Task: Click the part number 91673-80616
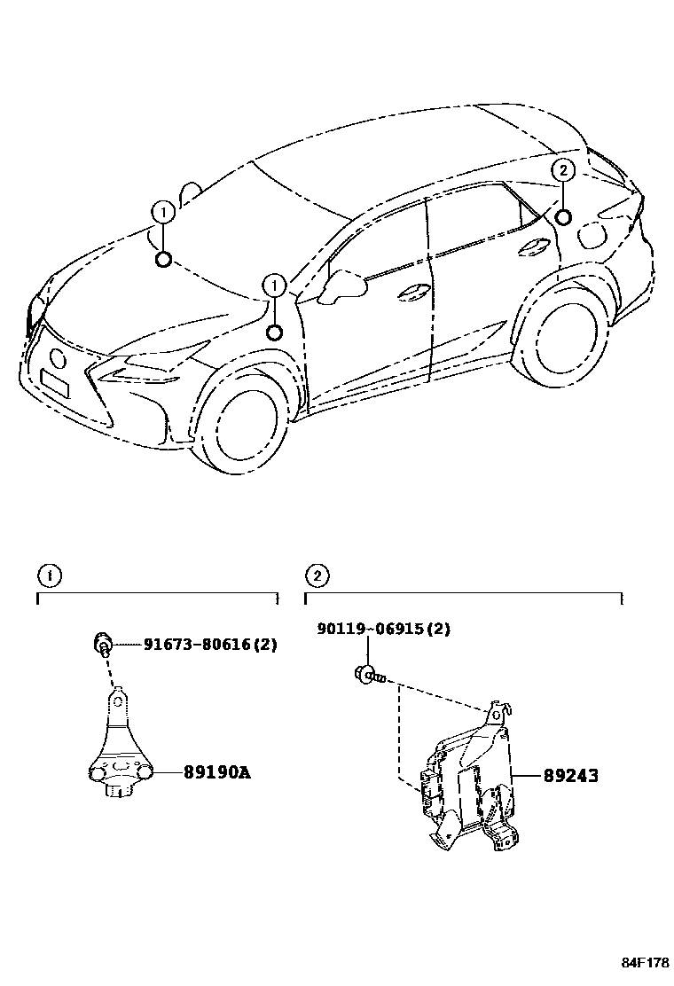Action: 210,645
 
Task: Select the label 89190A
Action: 217,772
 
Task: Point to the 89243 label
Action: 570,776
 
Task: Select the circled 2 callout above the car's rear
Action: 562,170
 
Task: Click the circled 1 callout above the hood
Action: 162,212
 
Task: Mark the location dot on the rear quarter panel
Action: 562,216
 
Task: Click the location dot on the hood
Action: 162,259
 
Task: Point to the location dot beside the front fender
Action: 275,333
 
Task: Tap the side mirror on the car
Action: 346,286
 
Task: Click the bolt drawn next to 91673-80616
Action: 103,644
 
